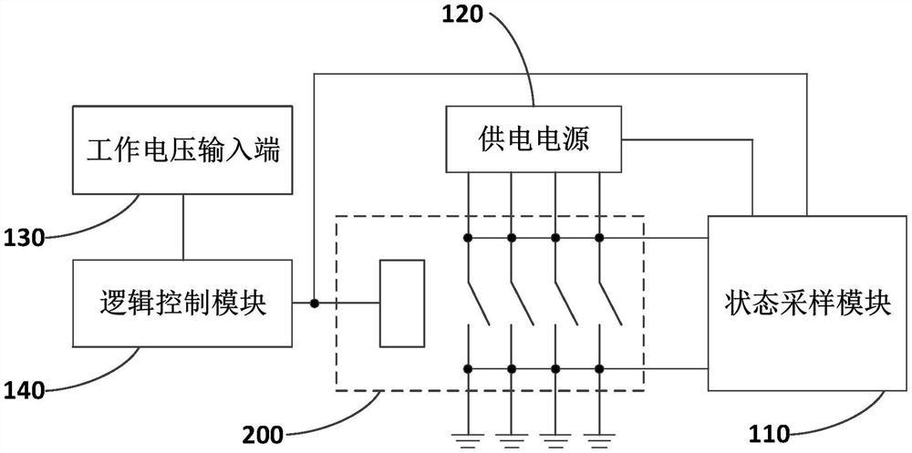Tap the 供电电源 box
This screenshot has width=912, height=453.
pyautogui.click(x=533, y=139)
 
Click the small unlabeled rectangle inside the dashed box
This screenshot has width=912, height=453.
pyautogui.click(x=401, y=304)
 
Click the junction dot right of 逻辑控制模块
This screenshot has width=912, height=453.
pyautogui.click(x=314, y=304)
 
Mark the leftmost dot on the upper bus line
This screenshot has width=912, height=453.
pyautogui.click(x=468, y=238)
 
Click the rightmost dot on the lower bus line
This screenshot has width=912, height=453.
pyautogui.click(x=599, y=369)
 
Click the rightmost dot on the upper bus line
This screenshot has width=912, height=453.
pyautogui.click(x=599, y=238)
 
